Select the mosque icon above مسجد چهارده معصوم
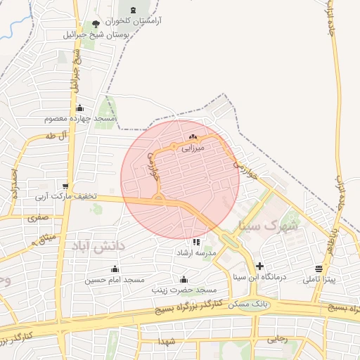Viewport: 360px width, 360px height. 79,108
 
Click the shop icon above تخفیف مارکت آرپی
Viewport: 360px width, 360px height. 65,186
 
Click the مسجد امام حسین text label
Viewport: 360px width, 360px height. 115,280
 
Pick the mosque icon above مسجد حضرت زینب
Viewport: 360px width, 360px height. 184,279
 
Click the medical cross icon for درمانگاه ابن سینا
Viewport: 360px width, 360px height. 260,266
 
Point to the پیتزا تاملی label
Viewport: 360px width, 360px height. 320,280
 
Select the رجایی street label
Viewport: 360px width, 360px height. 277,338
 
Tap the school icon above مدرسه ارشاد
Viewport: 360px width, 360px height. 195,243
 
